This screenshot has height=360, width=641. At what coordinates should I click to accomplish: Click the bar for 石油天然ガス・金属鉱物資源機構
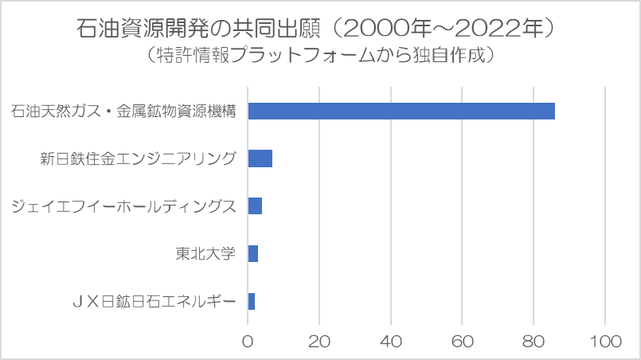point(401,111)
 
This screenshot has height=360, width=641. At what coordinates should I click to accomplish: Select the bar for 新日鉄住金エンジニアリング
point(260,158)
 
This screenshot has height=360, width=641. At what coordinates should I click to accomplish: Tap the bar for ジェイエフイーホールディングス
point(255,206)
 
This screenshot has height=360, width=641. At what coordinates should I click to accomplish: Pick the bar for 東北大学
point(252,254)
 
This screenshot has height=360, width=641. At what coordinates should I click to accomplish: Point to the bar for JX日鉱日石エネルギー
point(251,302)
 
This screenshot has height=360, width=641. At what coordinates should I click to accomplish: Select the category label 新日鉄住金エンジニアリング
point(138,158)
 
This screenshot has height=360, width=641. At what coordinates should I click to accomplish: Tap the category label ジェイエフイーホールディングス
point(123,206)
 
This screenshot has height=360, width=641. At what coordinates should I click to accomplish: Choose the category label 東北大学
point(206,254)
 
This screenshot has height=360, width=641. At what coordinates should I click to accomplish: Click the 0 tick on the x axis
point(248,341)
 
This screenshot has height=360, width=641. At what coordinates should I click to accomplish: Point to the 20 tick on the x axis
point(319,341)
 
